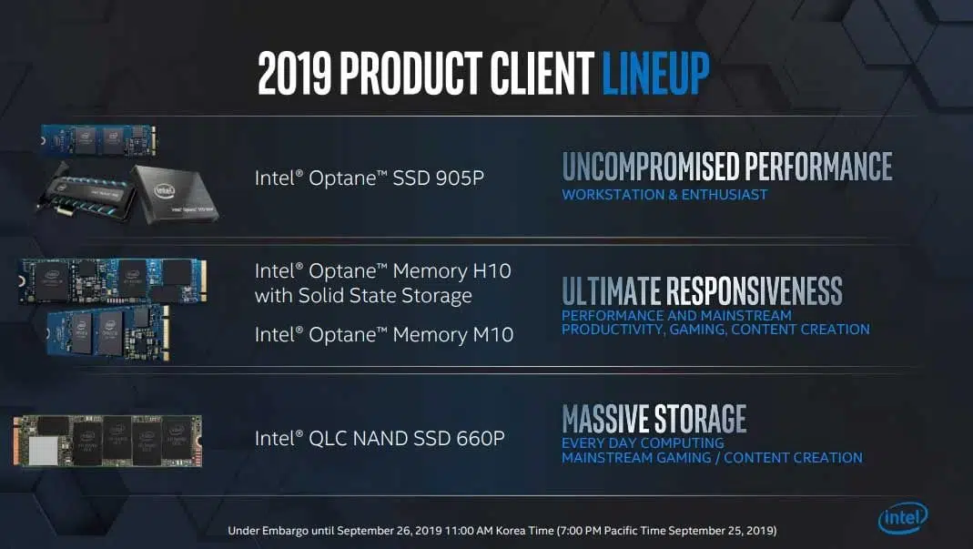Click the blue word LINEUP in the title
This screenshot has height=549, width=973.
[x=655, y=73]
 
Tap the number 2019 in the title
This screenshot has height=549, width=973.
[x=294, y=73]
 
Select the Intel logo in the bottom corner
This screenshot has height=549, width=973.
[x=903, y=517]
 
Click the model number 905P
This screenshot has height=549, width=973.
[x=460, y=178]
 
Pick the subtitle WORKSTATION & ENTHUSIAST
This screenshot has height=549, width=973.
[x=664, y=195]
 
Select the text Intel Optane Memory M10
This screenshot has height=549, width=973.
[x=384, y=335]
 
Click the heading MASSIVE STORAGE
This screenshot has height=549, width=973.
[x=654, y=419]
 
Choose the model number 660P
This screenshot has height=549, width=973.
[x=481, y=439]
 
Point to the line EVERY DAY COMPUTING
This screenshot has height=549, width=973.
[x=643, y=442]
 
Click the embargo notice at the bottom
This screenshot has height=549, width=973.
[x=502, y=531]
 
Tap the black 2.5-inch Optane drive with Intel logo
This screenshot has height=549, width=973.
[x=175, y=195]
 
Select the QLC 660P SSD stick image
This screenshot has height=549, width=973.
[x=107, y=441]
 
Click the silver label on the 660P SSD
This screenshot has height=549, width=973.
[x=44, y=450]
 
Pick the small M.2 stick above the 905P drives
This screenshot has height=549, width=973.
[x=98, y=139]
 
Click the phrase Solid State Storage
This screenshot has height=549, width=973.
[x=385, y=296]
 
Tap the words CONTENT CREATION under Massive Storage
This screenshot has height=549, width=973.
[x=793, y=458]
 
